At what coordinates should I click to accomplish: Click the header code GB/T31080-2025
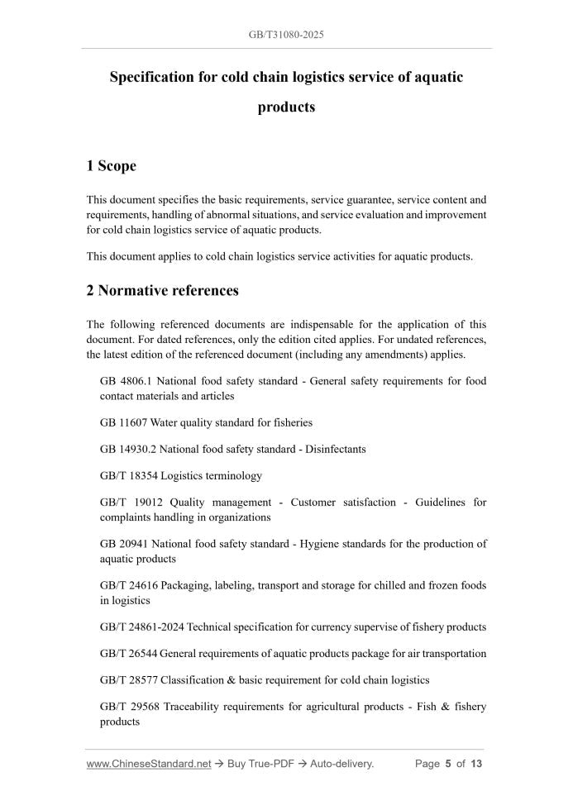[x=286, y=36]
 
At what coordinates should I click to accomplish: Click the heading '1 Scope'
[x=111, y=166]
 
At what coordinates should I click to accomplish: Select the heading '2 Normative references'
[x=162, y=290]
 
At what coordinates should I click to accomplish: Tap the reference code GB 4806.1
[x=125, y=381]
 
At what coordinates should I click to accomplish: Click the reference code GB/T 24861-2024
[x=141, y=627]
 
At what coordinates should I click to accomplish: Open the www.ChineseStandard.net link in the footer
[x=148, y=764]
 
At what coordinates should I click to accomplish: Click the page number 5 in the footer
[x=447, y=764]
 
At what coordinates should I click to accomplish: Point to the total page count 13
[x=475, y=764]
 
